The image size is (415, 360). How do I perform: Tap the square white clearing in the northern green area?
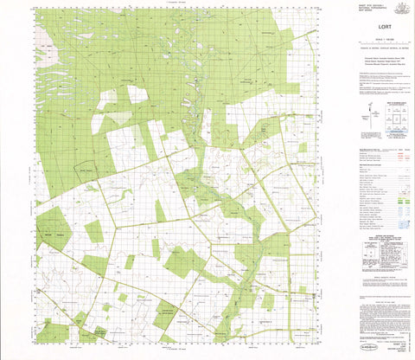137,93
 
